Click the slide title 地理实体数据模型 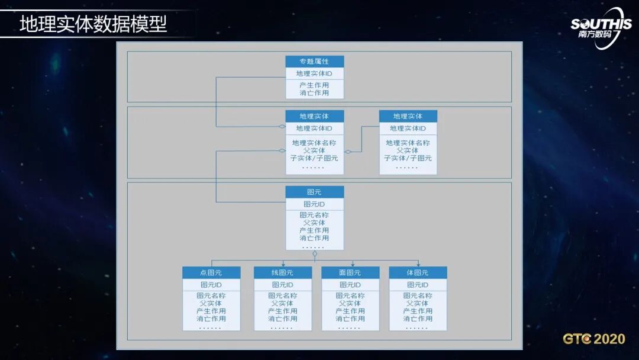coord(93,24)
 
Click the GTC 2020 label coord(593,339)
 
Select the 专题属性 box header coord(314,62)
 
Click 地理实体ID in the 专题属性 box coord(314,74)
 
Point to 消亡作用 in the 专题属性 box coord(314,93)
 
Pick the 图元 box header coord(314,192)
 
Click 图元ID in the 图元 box coord(314,204)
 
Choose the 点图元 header coord(211,273)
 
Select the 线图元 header coord(283,273)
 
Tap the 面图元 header coord(350,273)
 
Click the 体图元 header coord(418,273)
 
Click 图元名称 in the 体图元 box coord(418,295)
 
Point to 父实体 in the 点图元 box coord(211,303)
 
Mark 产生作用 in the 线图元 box coord(283,311)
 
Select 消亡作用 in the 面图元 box coord(350,319)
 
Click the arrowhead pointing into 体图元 coord(418,264)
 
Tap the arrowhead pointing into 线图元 coord(283,264)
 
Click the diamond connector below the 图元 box coord(315,254)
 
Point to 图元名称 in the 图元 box coord(314,215)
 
